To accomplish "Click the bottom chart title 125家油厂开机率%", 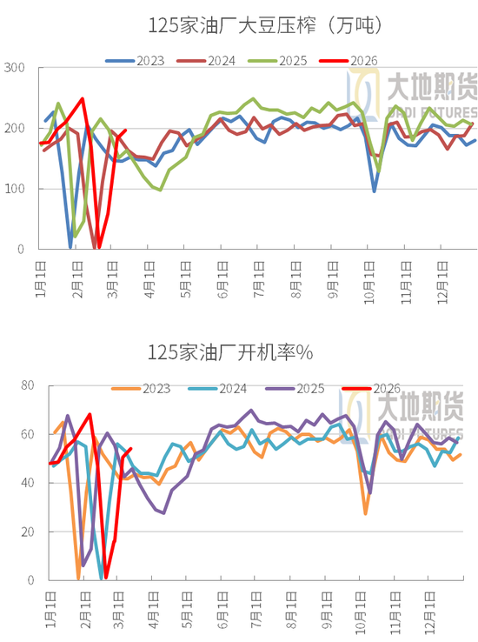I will click(230, 352).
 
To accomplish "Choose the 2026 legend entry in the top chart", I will click(362, 61).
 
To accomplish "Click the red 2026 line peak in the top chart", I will click(83, 99).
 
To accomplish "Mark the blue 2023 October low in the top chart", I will click(375, 191).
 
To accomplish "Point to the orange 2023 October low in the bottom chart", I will click(366, 513).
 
